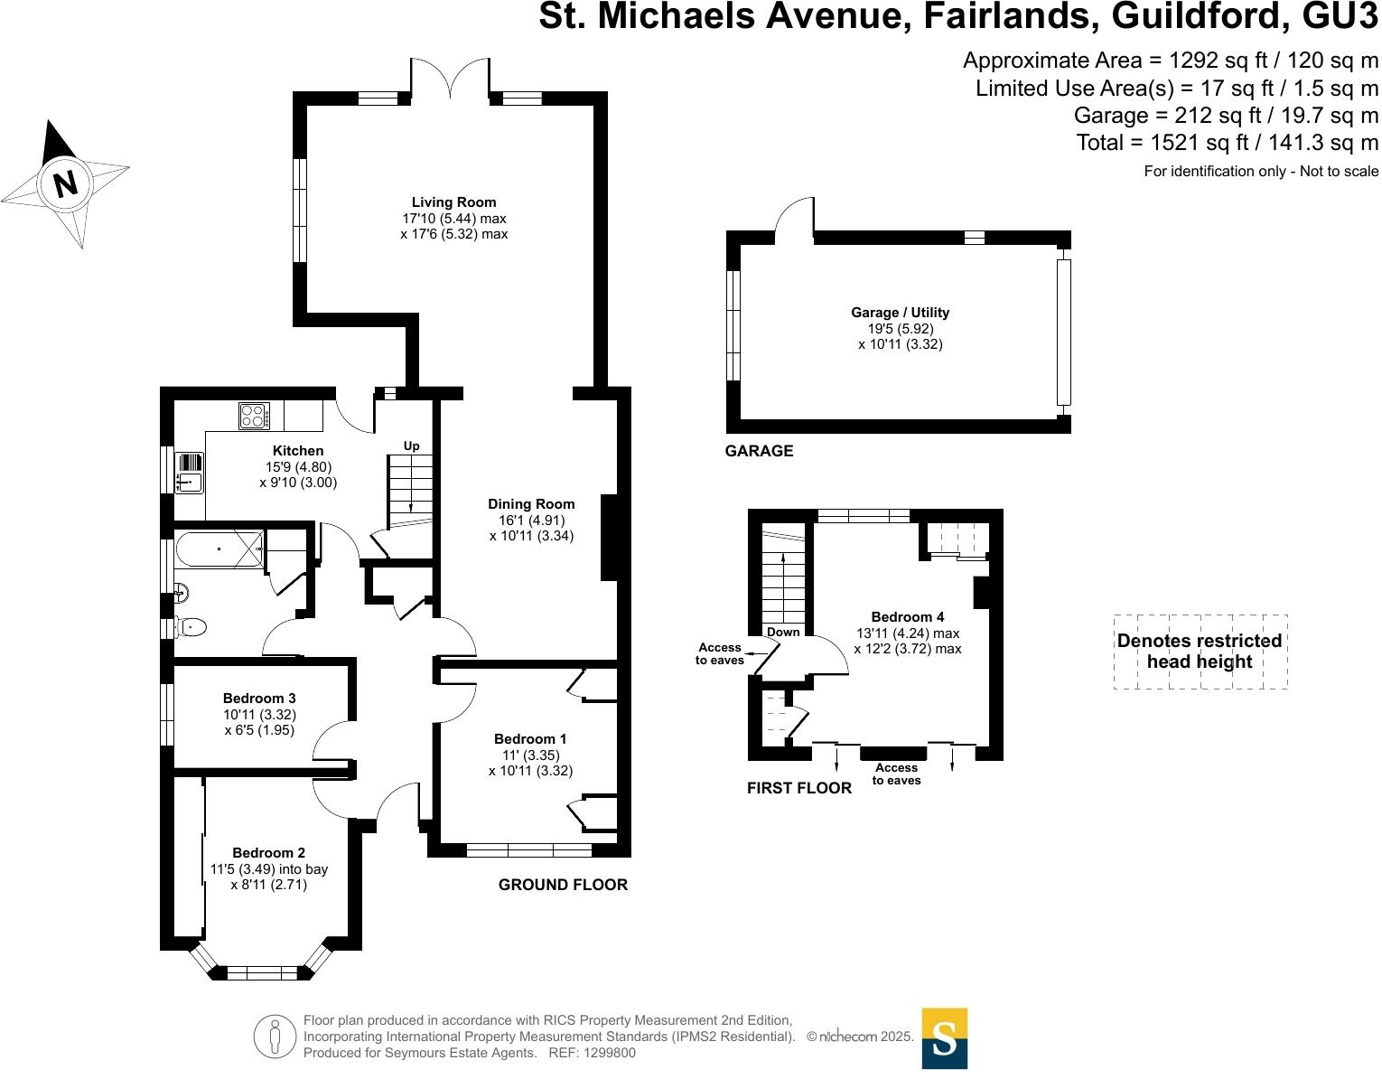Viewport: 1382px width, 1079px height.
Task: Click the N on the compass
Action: tap(65, 183)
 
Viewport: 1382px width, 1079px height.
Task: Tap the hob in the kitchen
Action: tap(254, 416)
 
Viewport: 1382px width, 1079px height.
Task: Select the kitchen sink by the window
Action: tap(190, 472)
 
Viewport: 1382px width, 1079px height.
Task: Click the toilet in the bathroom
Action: tap(191, 626)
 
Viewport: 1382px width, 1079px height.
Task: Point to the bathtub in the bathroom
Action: tap(219, 549)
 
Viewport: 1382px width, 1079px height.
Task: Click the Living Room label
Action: tap(453, 202)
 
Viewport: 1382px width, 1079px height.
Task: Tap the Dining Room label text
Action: tap(531, 504)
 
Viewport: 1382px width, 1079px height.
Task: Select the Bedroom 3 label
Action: tap(259, 699)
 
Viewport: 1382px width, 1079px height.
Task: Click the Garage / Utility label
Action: tap(900, 313)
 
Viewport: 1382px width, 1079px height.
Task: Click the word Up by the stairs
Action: tap(411, 446)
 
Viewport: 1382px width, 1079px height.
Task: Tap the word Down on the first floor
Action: tap(783, 632)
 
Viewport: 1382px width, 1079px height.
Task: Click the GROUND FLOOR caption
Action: tap(563, 885)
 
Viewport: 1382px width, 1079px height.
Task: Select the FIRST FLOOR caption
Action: tap(799, 788)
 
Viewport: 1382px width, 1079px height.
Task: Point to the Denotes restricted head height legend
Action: tap(1200, 652)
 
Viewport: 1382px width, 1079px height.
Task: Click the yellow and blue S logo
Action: tap(944, 1038)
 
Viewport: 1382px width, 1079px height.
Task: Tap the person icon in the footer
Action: tap(275, 1037)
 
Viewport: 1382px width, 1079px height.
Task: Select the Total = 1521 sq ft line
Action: tap(1228, 142)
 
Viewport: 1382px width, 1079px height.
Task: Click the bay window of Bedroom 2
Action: tap(261, 972)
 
